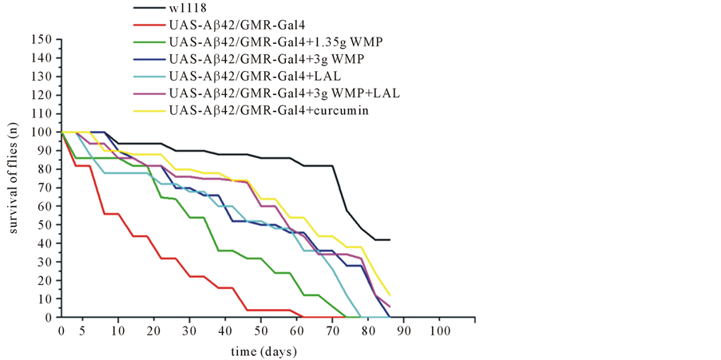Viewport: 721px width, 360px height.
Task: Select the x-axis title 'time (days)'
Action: coord(259,352)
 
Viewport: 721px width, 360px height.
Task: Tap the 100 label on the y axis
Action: coord(42,133)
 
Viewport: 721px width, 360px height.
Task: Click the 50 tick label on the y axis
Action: coord(46,225)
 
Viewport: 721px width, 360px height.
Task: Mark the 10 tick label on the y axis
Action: coord(46,299)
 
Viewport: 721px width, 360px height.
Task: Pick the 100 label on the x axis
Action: coord(438,330)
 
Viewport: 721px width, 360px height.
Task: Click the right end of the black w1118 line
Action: coord(389,239)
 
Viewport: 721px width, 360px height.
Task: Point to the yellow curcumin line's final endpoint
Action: coord(389,295)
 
